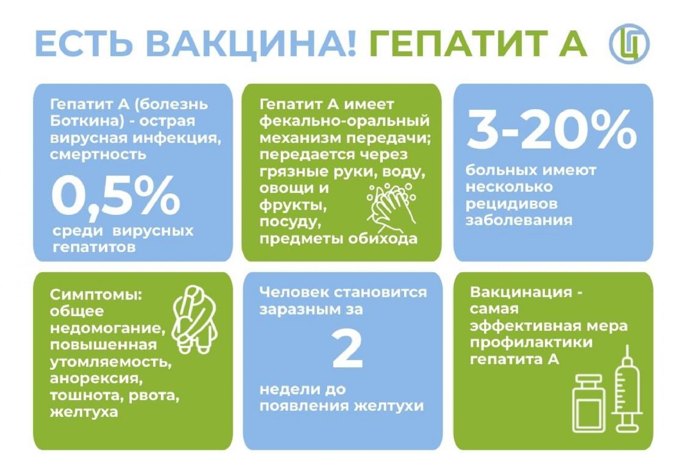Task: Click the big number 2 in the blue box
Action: pos(347,350)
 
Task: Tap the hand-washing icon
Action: pos(391,208)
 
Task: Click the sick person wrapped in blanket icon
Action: pos(194,320)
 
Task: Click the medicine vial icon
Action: pos(589,403)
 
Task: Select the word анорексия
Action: pos(96,379)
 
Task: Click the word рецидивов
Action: pos(512,204)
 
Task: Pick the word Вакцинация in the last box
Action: pos(521,293)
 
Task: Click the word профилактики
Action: pos(531,342)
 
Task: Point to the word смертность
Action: pos(98,155)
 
